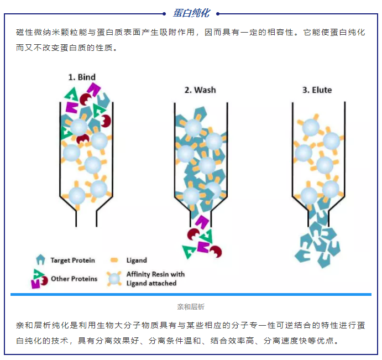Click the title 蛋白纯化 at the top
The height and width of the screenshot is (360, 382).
tap(191, 13)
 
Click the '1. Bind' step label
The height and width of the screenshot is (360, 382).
tap(82, 77)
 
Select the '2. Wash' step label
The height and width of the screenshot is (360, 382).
tap(200, 90)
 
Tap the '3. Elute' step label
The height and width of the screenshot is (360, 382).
tap(317, 90)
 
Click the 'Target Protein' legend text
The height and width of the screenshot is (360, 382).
tap(72, 260)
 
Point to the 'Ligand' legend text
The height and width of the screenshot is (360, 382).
tap(137, 260)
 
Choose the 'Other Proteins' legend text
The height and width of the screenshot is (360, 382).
tap(74, 279)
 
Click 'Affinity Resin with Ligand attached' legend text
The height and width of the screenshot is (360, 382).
tap(155, 279)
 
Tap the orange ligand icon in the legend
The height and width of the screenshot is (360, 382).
tap(114, 260)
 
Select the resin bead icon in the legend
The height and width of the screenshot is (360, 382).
tap(114, 279)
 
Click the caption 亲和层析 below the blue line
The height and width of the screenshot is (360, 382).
tap(191, 306)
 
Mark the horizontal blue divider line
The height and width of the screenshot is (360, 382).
tap(191, 295)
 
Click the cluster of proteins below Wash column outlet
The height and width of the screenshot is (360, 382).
tap(202, 241)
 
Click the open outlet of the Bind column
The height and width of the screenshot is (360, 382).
tap(87, 218)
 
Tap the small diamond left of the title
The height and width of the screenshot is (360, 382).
tap(165, 13)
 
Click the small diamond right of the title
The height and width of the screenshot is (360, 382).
tap(218, 13)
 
